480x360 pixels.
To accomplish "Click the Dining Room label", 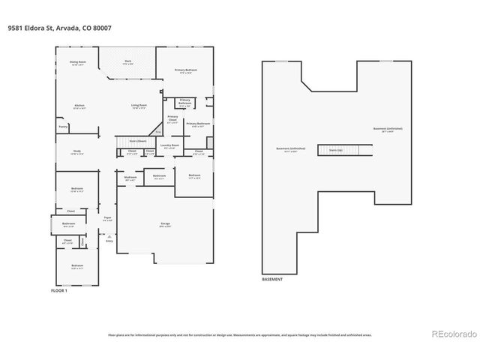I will click(x=78, y=63).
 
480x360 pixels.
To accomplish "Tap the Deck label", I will click(x=128, y=61).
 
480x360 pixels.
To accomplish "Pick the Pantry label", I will click(x=63, y=127).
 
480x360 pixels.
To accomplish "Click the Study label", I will click(x=76, y=152).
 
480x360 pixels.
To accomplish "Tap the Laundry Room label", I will click(x=169, y=146).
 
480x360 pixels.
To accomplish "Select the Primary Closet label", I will click(x=172, y=118).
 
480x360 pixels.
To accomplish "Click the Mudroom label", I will click(x=130, y=178).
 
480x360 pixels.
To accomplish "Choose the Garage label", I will click(x=165, y=225).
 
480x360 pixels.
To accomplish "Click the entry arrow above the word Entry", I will click(x=109, y=235).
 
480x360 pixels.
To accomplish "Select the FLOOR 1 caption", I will click(x=58, y=289).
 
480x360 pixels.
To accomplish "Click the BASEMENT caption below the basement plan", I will click(x=272, y=279).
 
